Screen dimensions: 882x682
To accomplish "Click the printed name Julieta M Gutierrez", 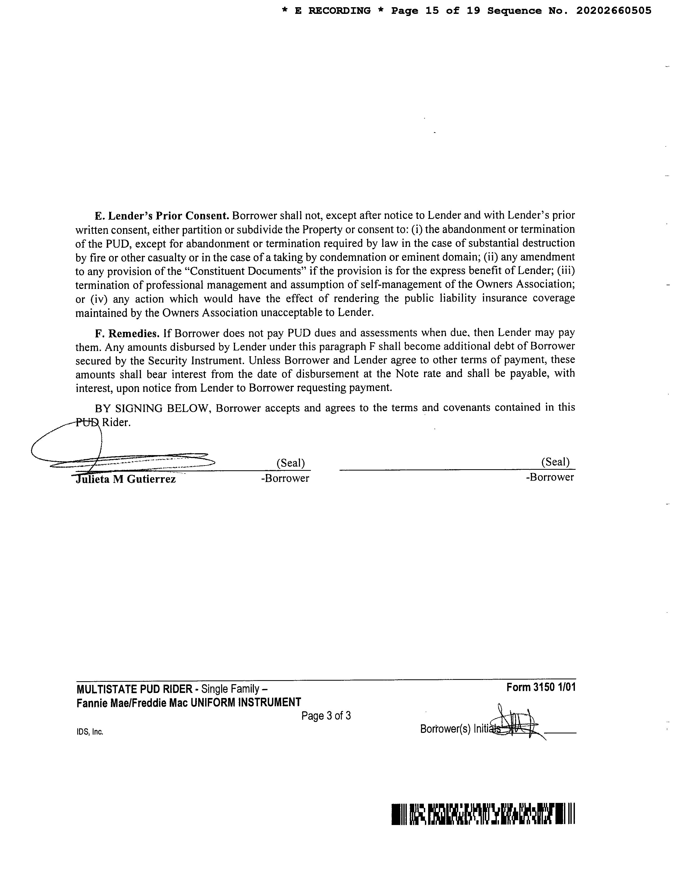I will point(126,479).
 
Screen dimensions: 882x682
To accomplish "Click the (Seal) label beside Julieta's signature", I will point(290,463).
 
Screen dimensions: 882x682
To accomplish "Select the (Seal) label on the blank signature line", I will point(555,462).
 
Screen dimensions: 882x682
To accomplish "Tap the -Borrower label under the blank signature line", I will point(550,477).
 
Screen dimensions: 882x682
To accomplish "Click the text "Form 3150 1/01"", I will point(541,687).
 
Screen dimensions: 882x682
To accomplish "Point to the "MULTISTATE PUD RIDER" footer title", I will point(134,688).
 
